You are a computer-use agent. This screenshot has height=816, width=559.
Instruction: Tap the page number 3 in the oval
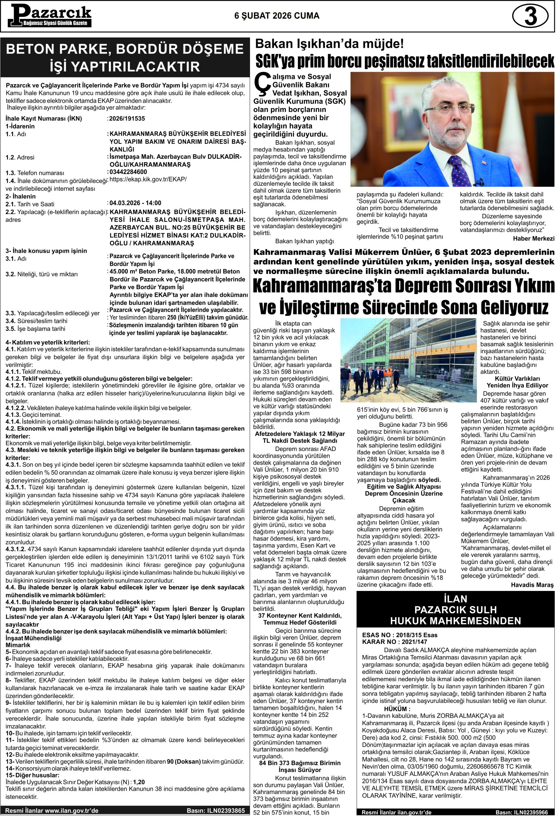(x=530, y=17)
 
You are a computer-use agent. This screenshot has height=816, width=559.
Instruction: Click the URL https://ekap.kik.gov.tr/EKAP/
(x=148, y=179)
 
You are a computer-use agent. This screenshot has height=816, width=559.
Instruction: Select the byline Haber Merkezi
(x=534, y=239)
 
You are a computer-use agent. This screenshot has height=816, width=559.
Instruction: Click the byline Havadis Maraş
(x=532, y=585)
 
